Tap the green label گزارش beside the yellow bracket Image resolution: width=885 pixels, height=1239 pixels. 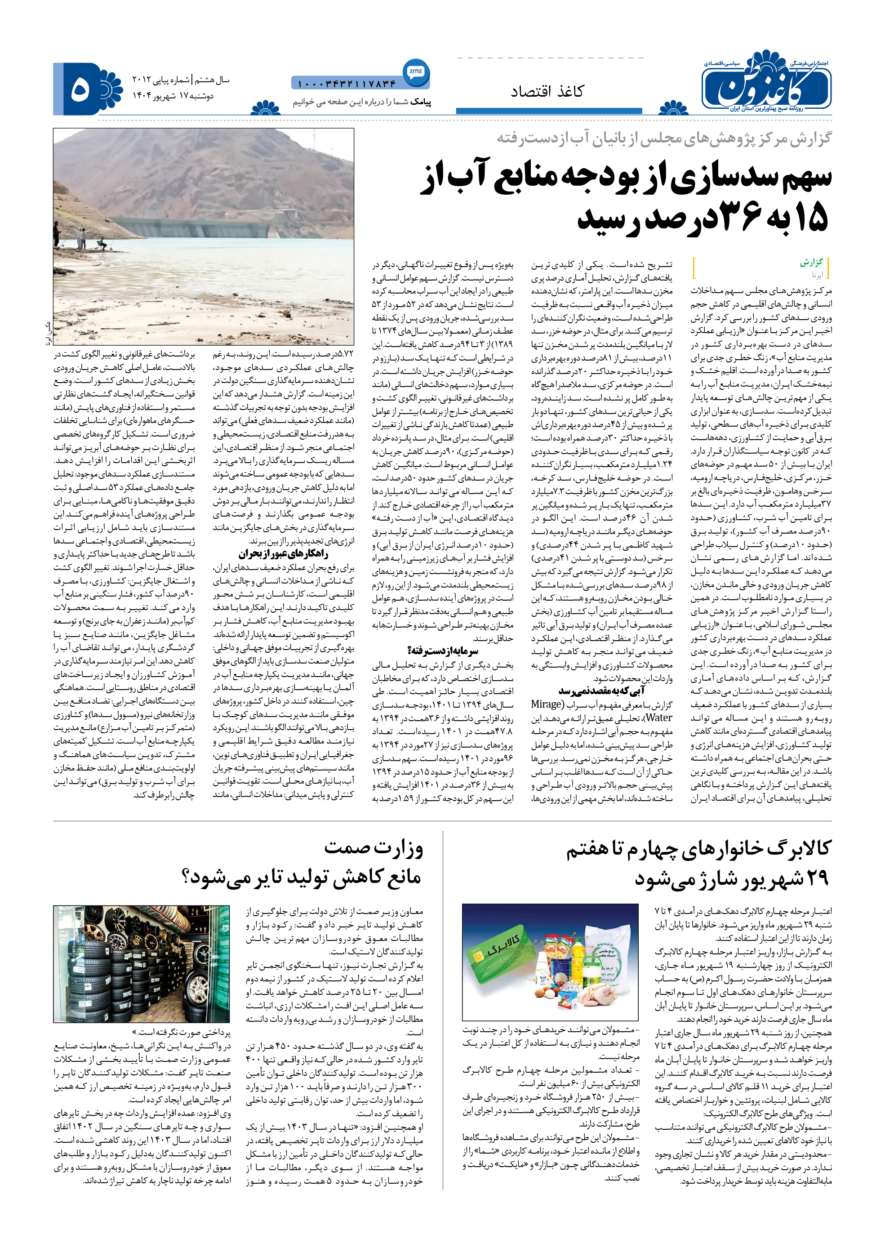[811, 263]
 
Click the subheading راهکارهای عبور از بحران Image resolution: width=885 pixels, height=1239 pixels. [283, 554]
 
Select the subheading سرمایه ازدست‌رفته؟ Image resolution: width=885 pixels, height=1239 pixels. [442, 651]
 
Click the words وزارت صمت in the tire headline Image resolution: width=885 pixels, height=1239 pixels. [374, 848]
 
